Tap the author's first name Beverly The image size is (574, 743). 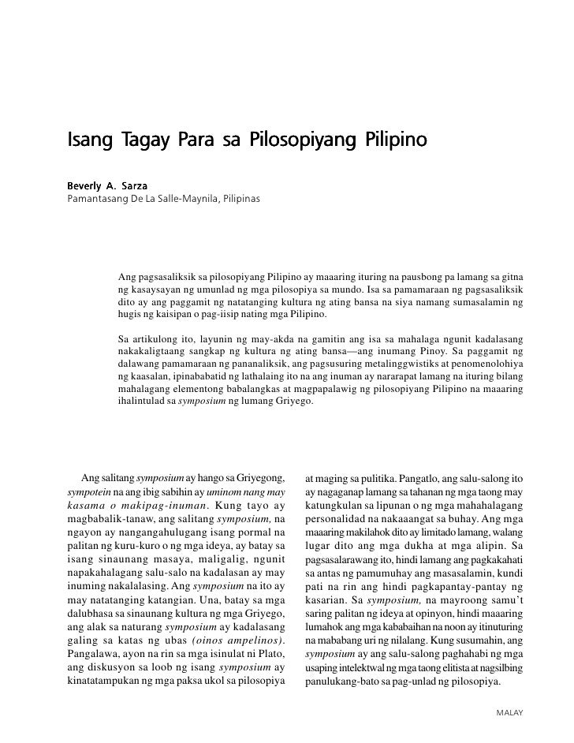coord(86,181)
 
